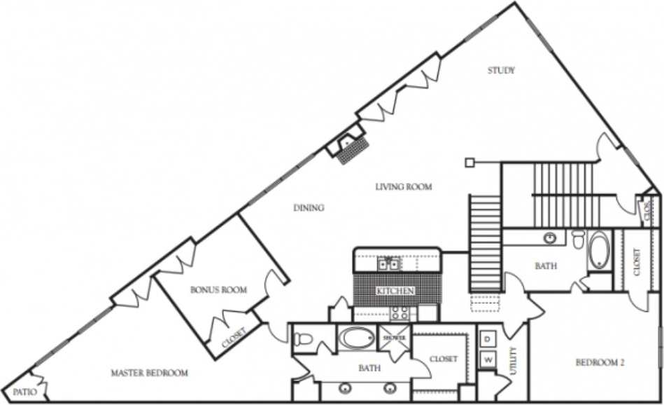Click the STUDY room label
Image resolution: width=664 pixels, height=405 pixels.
(501, 70)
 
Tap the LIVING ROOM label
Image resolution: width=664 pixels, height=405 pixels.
(403, 187)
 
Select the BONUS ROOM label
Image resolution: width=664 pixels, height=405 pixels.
(218, 289)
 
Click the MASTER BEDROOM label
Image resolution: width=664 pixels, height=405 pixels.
(149, 373)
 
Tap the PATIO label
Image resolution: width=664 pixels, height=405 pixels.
(24, 392)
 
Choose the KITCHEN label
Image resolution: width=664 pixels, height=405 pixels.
(395, 290)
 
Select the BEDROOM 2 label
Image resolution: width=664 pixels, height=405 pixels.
(599, 362)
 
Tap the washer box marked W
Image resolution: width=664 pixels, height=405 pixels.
(487, 360)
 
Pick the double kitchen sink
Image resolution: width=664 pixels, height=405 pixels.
(388, 263)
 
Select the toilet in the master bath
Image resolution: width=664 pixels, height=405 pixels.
(302, 340)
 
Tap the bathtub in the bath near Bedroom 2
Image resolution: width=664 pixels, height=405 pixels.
(599, 250)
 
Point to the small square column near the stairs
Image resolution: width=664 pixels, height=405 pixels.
(470, 163)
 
